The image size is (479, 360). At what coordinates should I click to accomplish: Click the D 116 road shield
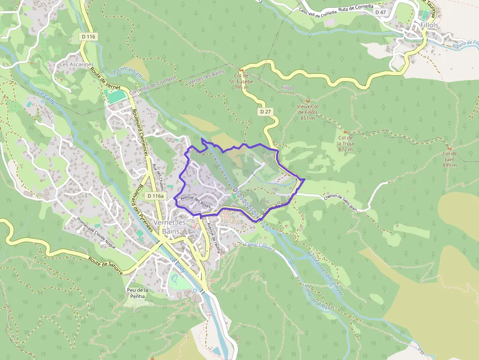tap(88, 37)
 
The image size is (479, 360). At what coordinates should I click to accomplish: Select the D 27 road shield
tap(265, 112)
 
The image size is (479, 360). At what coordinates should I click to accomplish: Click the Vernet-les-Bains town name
tap(170, 226)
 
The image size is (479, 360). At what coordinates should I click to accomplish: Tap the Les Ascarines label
tap(76, 64)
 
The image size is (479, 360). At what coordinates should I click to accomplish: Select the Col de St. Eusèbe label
tap(243, 82)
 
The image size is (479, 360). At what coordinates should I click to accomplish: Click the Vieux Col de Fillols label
tap(307, 112)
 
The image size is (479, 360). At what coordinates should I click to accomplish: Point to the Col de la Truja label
tap(345, 143)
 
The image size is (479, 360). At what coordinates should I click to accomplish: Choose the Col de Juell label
tap(449, 159)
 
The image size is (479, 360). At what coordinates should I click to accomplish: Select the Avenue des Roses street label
tap(195, 201)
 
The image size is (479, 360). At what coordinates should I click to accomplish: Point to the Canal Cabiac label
tap(259, 246)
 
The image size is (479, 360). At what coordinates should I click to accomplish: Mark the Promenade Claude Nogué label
tap(96, 233)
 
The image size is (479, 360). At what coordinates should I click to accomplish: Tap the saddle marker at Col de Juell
tap(449, 148)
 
